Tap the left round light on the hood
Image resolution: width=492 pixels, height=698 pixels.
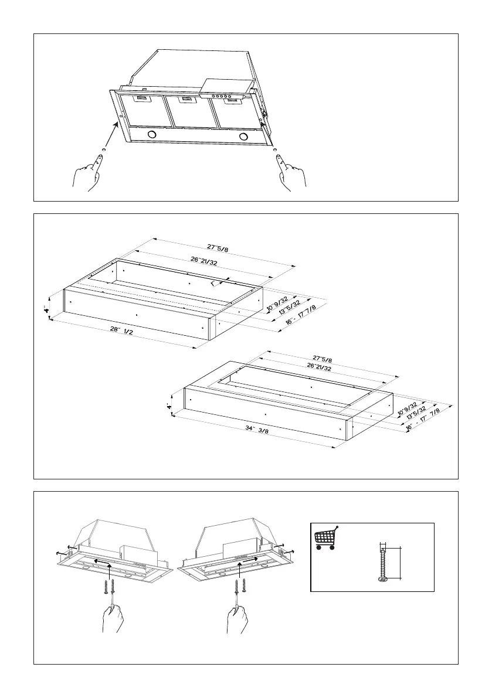pyautogui.click(x=153, y=135)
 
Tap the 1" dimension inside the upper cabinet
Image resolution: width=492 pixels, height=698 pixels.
pyautogui.click(x=213, y=283)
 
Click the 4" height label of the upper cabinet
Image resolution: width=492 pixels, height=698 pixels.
pyautogui.click(x=47, y=307)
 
